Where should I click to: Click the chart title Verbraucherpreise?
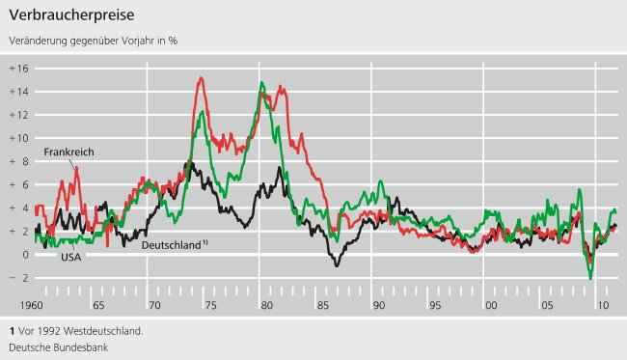click(71, 16)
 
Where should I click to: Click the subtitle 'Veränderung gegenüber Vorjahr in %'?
click(93, 41)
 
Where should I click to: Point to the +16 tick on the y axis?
click(19, 69)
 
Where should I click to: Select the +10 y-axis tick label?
click(19, 138)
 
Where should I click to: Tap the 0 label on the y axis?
click(25, 255)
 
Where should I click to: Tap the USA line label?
click(72, 257)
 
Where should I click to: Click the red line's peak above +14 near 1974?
click(200, 78)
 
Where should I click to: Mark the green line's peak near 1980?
click(261, 83)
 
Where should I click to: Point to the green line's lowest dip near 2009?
click(590, 279)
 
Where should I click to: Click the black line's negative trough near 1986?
click(336, 265)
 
